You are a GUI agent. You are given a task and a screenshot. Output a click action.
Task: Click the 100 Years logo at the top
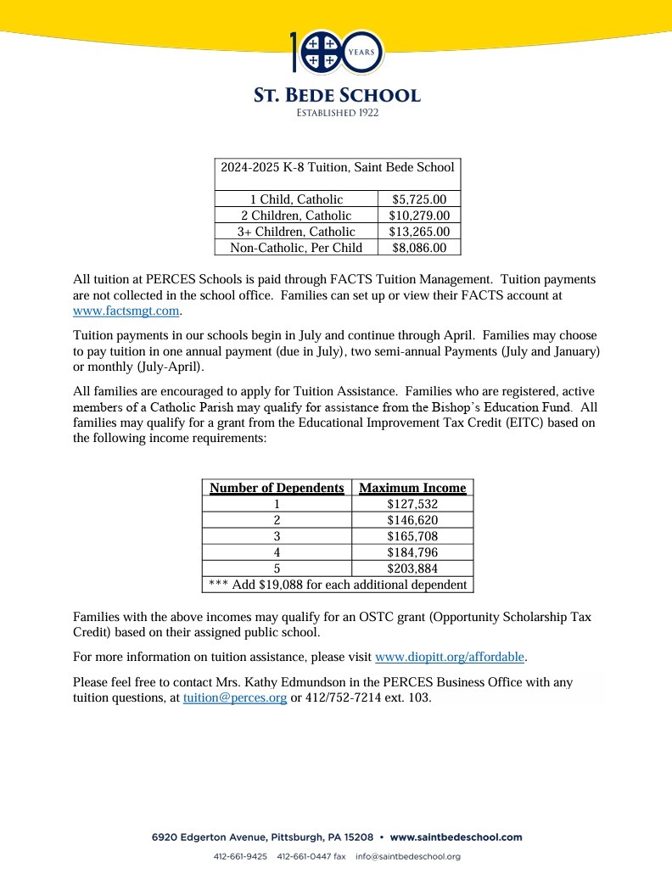click(337, 52)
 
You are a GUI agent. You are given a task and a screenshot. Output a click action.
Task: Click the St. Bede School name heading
click(337, 95)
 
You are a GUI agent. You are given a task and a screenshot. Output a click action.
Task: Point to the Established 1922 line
click(337, 113)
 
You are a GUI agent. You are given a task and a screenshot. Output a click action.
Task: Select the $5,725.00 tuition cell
click(419, 199)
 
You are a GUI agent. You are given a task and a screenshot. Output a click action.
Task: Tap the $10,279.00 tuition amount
click(419, 216)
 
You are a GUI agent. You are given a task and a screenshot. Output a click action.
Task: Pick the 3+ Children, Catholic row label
click(296, 232)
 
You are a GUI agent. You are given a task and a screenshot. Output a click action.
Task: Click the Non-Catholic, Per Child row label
click(296, 248)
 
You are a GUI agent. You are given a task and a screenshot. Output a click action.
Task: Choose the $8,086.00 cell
click(419, 248)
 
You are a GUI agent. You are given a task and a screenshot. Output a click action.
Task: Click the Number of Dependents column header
click(277, 488)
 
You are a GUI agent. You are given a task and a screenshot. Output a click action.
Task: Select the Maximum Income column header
click(412, 488)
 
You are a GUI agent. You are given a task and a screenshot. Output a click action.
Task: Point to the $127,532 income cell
click(412, 504)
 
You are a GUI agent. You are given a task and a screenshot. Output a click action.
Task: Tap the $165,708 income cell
click(412, 536)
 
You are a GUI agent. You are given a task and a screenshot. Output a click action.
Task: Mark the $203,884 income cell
click(412, 568)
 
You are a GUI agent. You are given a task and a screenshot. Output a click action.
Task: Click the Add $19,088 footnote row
click(338, 585)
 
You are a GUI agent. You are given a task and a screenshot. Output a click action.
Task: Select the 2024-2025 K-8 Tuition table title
click(338, 167)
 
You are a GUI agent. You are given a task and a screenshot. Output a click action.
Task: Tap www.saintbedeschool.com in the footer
click(456, 837)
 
